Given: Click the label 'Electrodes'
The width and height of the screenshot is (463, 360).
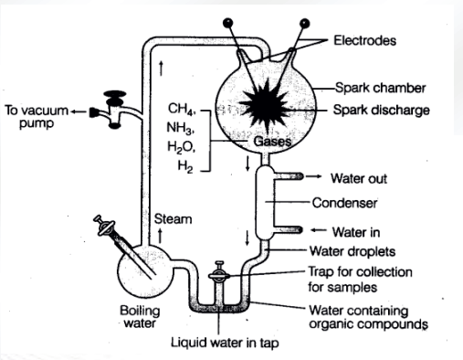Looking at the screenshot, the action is [364, 40].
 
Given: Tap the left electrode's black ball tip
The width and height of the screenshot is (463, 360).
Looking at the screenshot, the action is [227, 23].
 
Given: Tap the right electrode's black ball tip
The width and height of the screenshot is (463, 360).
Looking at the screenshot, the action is [304, 23].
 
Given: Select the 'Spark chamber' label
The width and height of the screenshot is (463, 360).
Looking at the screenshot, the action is [380, 88].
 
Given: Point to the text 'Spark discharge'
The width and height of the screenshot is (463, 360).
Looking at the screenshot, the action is [381, 110].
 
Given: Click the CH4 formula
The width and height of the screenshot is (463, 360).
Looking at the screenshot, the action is [182, 109].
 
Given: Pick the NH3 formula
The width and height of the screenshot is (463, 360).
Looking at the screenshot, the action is [181, 128].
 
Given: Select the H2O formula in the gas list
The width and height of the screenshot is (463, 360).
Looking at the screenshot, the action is [182, 147].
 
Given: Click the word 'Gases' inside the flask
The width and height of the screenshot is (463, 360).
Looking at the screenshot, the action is [272, 142].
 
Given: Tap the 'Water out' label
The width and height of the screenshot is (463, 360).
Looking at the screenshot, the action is [359, 178].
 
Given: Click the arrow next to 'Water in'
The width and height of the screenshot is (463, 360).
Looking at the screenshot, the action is [318, 230].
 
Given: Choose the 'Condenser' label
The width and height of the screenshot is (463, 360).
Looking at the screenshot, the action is [344, 203].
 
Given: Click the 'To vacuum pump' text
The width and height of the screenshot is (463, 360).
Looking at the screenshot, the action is [37, 117].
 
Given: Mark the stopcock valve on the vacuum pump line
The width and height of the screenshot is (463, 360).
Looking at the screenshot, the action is [114, 109].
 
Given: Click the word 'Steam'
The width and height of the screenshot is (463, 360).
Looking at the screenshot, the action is [173, 219].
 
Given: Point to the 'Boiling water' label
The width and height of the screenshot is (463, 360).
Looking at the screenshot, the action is [140, 317].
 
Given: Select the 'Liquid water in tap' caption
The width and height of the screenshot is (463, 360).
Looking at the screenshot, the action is [225, 343].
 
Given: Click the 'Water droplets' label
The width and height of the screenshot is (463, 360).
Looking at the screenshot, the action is [353, 251].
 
